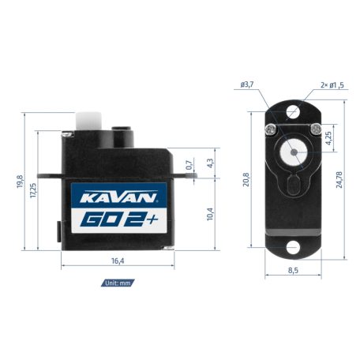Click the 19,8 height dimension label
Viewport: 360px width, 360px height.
tap(20, 183)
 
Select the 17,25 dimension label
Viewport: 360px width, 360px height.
tap(33, 190)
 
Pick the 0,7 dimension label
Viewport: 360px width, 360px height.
tap(189, 166)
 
